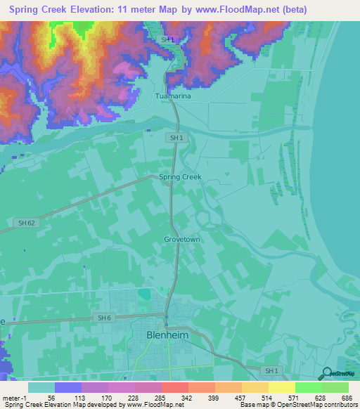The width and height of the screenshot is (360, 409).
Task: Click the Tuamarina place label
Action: point(173,96)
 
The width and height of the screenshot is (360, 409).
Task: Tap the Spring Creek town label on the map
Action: point(180,177)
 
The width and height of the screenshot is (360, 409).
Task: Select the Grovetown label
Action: point(182,239)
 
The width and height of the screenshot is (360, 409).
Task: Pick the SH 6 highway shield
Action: point(104,318)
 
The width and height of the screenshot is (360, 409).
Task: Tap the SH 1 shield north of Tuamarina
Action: point(167,41)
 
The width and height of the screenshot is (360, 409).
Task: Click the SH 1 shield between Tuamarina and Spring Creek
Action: point(176,138)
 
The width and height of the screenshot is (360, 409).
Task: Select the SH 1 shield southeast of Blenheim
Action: point(269,370)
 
